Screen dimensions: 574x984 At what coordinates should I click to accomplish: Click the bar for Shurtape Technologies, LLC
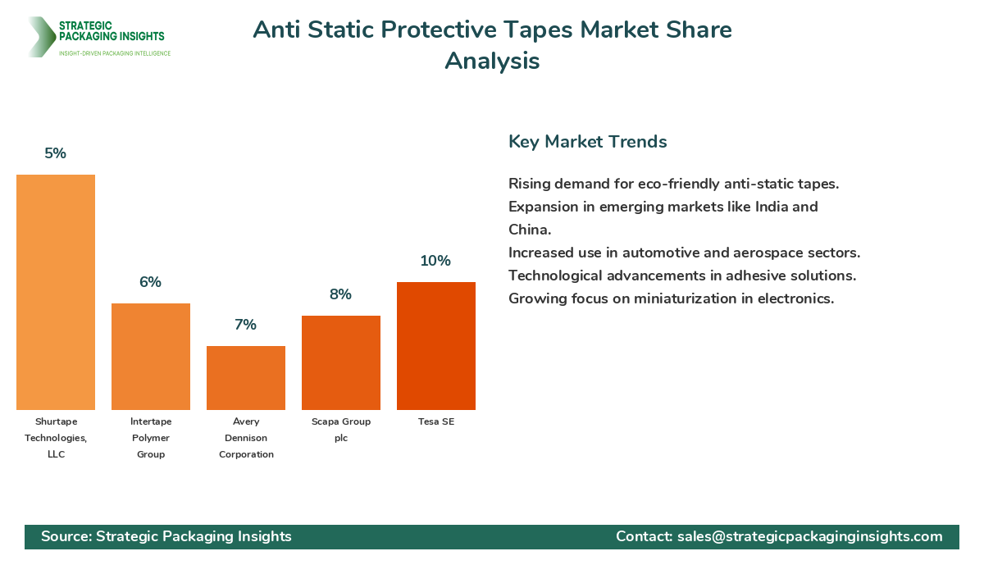56,292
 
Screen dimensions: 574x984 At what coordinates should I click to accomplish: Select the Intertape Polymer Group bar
151,357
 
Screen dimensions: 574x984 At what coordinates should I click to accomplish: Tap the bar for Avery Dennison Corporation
246,378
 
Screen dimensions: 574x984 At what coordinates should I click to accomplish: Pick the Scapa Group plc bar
341,362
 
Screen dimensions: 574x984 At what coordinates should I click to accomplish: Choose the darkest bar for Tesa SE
436,346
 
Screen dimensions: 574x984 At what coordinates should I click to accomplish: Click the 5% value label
56,153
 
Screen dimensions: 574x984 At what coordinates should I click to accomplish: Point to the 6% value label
151,282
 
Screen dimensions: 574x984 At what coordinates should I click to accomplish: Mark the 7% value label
246,325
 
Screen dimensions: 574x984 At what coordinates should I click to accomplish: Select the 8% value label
341,294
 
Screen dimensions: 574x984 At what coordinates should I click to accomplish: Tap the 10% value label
436,261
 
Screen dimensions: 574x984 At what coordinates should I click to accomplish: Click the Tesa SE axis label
436,421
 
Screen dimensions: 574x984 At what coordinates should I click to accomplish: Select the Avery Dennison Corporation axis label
246,438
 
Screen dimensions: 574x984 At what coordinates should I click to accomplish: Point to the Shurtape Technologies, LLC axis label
56,438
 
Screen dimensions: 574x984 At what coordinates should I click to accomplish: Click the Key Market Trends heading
588,141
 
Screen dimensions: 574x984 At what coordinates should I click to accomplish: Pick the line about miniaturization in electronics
671,298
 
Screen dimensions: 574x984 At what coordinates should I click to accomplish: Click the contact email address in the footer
809,536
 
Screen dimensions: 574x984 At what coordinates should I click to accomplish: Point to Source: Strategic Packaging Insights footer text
166,536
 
